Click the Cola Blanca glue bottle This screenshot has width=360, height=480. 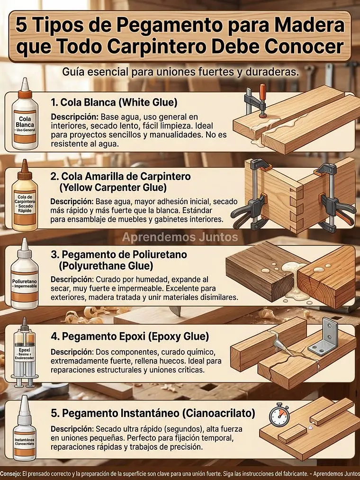[24, 118]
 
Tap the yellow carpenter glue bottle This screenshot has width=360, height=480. [24, 199]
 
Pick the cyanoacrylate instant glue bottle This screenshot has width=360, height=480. [24, 434]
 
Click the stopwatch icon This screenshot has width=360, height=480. [279, 416]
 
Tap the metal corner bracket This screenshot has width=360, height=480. [324, 338]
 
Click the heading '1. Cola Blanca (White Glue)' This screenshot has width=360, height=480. [114, 102]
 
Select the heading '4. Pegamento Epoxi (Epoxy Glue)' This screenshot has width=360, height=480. [129, 337]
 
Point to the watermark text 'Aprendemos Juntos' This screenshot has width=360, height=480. [180, 236]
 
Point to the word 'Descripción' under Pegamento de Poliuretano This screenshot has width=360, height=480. [72, 280]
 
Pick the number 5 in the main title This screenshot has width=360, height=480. [21, 25]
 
